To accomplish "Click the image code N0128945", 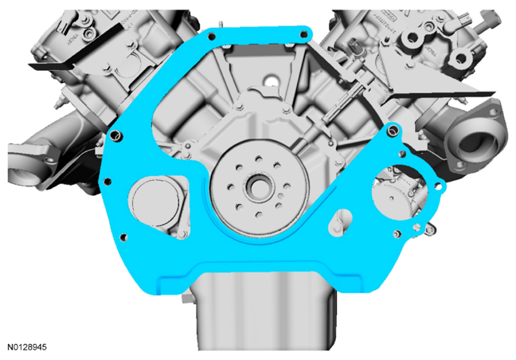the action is point(27,347).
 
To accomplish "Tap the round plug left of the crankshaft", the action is point(155,203).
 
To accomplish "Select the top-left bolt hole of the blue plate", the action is point(212,36).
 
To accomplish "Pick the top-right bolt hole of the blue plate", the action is point(304,34).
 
